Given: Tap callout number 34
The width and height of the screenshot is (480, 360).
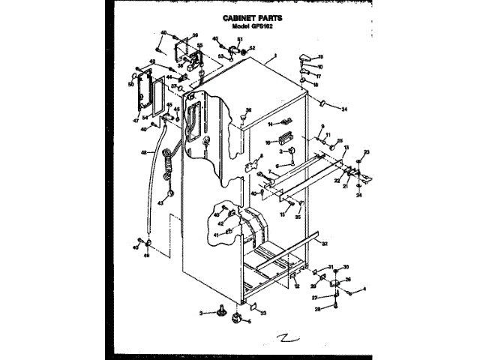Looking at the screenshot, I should tap(344, 109).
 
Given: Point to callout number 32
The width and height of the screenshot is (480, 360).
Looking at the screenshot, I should tap(325, 244).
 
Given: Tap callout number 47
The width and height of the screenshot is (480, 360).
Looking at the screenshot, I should tap(136, 120).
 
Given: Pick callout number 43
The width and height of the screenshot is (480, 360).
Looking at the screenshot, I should tap(160, 202).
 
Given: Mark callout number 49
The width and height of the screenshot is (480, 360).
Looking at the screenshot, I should tap(147, 255).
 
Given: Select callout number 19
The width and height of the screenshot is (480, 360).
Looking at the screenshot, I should tap(320, 57).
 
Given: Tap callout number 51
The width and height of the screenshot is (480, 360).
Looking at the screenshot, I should tap(241, 40).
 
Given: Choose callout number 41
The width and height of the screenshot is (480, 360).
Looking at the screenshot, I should tap(214, 235).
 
